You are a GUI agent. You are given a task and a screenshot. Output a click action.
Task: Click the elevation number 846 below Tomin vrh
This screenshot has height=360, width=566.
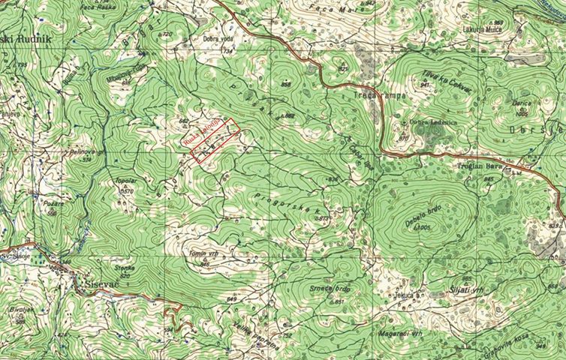click(205, 264)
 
